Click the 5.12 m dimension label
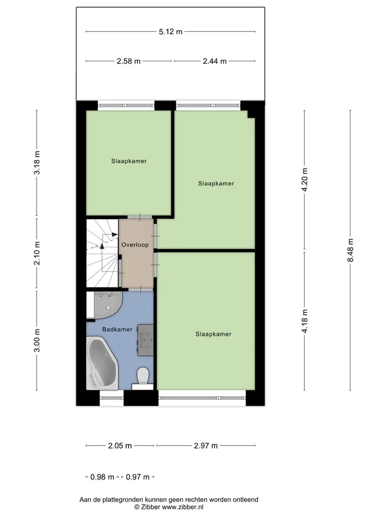pyautogui.click(x=170, y=32)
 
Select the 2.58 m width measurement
pyautogui.click(x=128, y=61)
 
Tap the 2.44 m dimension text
pyautogui.click(x=214, y=61)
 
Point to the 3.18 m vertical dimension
pyautogui.click(x=37, y=162)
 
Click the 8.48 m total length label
pyautogui.click(x=350, y=250)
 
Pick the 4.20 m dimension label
pyautogui.click(x=305, y=180)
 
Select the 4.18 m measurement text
pyautogui.click(x=305, y=321)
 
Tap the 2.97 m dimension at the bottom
pyautogui.click(x=206, y=446)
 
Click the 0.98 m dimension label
pyautogui.click(x=102, y=477)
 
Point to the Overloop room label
pyautogui.click(x=135, y=245)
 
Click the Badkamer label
pyautogui.click(x=117, y=329)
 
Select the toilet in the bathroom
pyautogui.click(x=143, y=378)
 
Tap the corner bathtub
pyautogui.click(x=102, y=363)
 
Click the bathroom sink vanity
pyautogui.click(x=146, y=340)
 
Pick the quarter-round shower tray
pyautogui.click(x=108, y=305)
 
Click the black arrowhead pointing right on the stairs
pyautogui.click(x=114, y=234)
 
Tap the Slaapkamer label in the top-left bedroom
pyautogui.click(x=129, y=161)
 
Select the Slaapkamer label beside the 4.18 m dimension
pyautogui.click(x=213, y=334)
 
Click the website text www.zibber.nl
pyautogui.click(x=183, y=507)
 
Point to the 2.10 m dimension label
pyautogui.click(x=37, y=253)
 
